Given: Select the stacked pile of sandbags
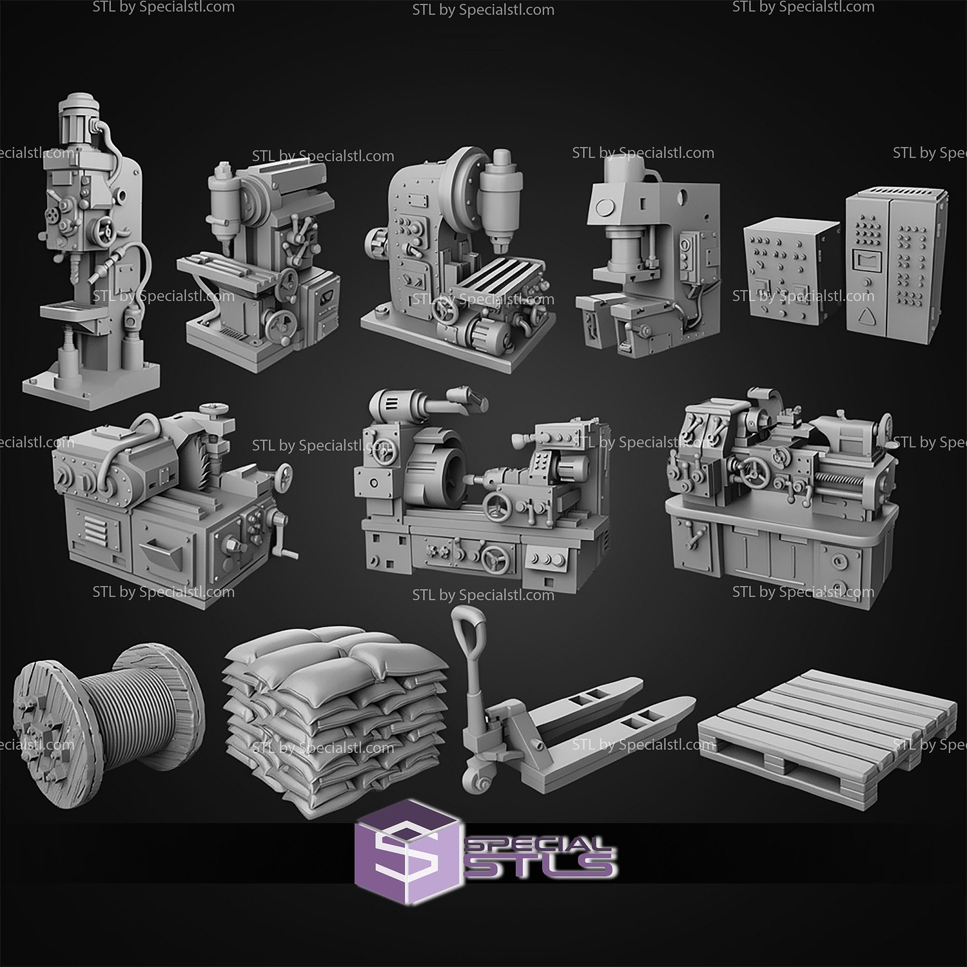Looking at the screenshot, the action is [x=335, y=716].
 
